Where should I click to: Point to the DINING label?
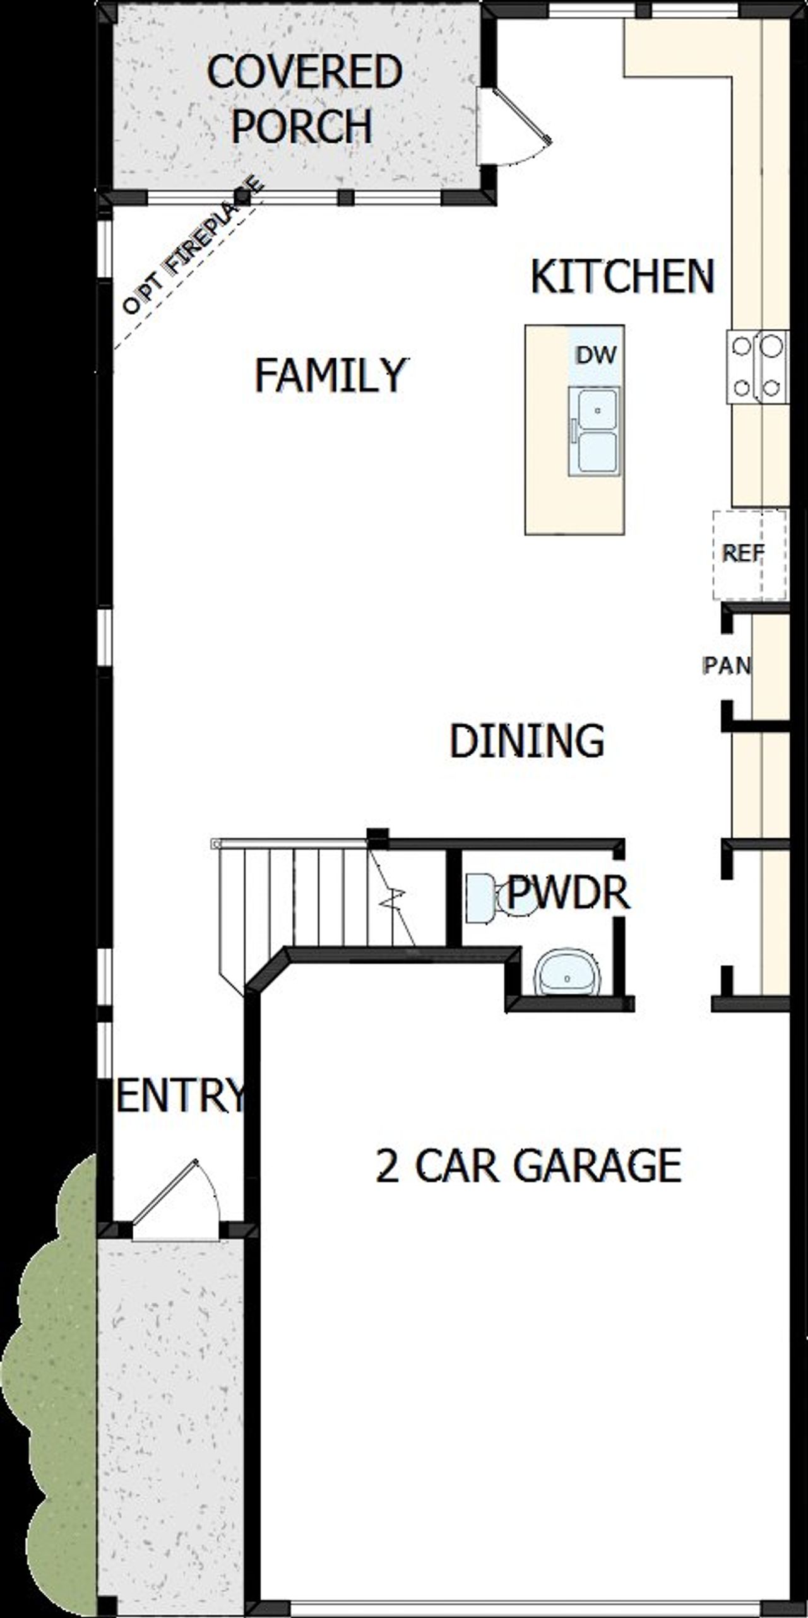click(526, 741)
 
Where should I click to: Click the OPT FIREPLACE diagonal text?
click(193, 246)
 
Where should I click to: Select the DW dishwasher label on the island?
click(596, 355)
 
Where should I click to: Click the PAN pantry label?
click(726, 665)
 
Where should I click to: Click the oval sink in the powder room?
click(567, 975)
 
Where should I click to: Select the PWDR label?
click(567, 892)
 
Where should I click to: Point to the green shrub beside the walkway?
click(54, 1388)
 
